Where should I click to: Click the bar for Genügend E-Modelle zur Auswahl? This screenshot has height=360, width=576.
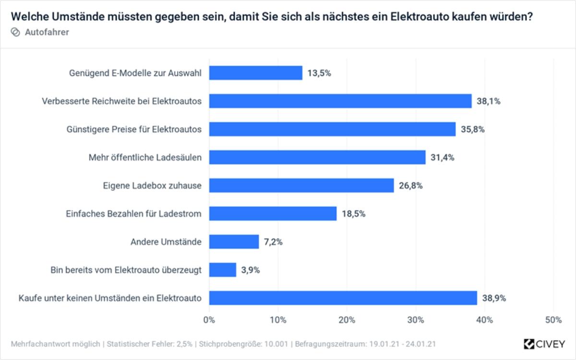(256, 73)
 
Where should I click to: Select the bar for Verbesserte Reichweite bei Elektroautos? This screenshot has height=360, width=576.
(340, 101)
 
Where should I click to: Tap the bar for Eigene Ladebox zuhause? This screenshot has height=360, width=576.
(301, 185)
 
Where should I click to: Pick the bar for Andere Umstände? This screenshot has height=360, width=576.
(234, 241)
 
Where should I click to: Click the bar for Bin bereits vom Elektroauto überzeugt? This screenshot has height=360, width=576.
(223, 270)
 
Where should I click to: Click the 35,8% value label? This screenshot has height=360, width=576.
(473, 129)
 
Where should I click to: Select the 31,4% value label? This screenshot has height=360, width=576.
(443, 157)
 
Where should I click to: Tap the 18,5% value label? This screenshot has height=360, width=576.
(354, 214)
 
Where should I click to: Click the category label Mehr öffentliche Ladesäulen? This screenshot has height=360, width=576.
(145, 157)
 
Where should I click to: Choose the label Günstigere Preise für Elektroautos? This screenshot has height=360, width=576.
(134, 129)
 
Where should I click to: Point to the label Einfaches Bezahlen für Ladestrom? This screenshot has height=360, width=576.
(133, 214)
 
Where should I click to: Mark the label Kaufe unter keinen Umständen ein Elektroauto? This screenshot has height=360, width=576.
(110, 298)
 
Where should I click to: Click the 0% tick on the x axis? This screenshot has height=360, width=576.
(209, 320)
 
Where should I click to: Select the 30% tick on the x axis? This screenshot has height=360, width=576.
(416, 320)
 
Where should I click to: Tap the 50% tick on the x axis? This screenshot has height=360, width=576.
(553, 320)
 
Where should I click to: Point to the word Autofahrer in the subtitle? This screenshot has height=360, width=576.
(47, 32)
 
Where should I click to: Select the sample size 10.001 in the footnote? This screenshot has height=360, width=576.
(277, 344)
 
